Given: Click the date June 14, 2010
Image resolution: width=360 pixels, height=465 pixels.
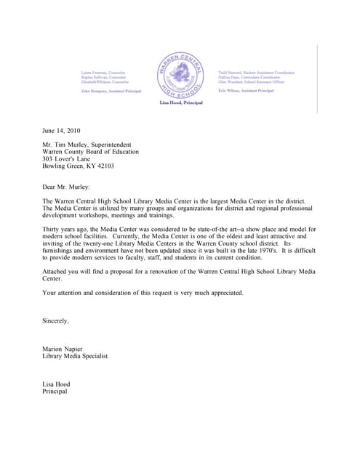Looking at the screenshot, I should [62, 131].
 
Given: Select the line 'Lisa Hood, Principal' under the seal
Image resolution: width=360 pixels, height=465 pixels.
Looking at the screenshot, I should [180, 103].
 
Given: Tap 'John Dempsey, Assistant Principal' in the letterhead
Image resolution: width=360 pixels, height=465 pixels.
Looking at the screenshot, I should [111, 92].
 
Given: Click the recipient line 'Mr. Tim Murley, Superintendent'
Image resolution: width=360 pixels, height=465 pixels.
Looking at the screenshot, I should [91, 145].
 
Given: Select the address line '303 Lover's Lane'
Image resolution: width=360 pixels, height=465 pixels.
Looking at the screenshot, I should [68, 158].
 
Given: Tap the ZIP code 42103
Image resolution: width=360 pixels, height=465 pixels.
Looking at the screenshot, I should [104, 166].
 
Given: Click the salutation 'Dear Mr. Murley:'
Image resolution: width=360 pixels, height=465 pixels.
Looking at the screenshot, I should [66, 187].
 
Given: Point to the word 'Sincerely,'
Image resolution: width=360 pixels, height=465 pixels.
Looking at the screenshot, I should [56, 320].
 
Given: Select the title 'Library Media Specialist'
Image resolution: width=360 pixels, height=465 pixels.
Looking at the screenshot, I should [75, 356].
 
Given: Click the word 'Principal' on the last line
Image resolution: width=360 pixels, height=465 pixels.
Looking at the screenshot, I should [55, 392].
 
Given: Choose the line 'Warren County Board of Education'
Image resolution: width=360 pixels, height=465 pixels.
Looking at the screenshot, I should [91, 152].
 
